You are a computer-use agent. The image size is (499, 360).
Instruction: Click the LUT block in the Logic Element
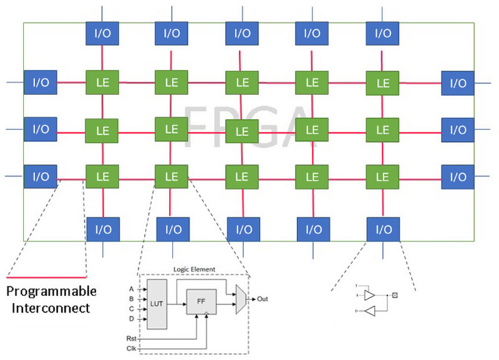pos(157,304)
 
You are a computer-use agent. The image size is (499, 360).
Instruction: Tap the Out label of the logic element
pos(263,298)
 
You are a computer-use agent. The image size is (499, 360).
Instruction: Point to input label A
pos(131,289)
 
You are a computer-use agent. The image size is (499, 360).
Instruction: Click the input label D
pos(131,319)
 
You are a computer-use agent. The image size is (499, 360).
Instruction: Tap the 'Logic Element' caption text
pos(195,270)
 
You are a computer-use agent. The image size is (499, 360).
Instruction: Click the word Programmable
pos(51,291)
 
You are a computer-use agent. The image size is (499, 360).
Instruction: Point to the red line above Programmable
pos(46,276)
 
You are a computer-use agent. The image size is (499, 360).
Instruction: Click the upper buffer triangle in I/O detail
pos(369,293)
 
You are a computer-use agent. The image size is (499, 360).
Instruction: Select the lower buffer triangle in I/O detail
pos(369,309)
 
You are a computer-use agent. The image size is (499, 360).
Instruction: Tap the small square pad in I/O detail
pos(394,293)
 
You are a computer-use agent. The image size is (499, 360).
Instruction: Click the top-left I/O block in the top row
pos(102,33)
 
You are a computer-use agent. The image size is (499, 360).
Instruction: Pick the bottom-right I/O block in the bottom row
pos(382,229)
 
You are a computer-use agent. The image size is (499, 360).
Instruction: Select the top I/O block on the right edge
pos(458,83)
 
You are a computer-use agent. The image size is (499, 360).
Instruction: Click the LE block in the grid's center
pos(242,131)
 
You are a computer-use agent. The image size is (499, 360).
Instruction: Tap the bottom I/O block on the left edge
pos(41,177)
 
